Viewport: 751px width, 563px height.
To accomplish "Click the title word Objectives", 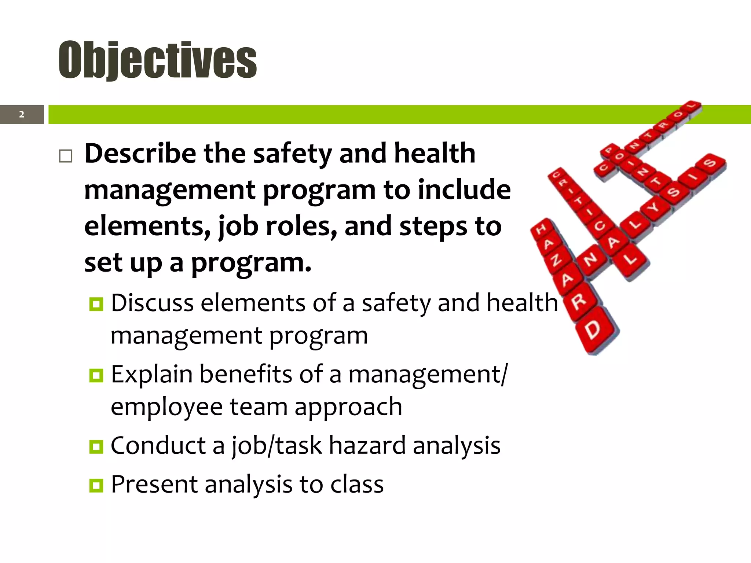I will coord(158,60).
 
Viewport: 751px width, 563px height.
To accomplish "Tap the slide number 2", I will coord(22,114).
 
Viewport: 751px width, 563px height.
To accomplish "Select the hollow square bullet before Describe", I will coord(66,156).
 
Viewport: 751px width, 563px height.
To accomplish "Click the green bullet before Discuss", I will coord(96,304).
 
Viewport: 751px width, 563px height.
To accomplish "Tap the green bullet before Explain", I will coord(96,375).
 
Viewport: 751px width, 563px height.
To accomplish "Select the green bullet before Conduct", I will coord(96,446).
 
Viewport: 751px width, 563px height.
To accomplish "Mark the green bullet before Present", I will coord(96,485).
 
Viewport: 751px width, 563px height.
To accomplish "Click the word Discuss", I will coord(152,303).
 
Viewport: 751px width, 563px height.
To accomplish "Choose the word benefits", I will coord(246,374).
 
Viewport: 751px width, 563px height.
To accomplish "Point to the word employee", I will coord(167,407).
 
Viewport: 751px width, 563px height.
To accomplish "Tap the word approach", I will coord(348,407).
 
